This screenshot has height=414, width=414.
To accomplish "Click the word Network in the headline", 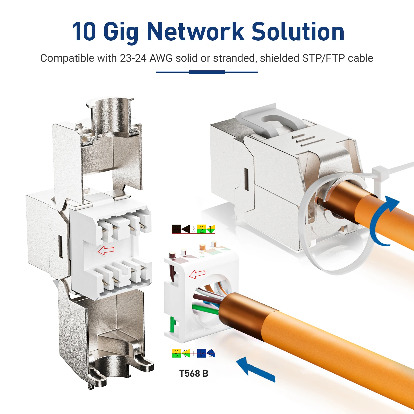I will [195, 32].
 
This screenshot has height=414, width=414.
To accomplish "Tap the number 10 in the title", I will [84, 32].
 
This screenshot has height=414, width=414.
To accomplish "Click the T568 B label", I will [194, 373].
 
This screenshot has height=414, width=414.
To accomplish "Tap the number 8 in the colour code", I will [176, 229].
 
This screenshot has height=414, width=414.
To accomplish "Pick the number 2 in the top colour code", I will [201, 229].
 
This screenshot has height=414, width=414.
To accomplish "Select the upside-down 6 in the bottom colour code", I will [176, 353].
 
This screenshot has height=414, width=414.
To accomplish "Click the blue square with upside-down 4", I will [201, 353].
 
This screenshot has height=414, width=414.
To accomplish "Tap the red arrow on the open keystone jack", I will [106, 250].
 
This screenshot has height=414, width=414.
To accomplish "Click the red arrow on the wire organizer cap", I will [197, 274].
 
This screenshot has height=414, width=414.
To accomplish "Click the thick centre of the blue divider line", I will [207, 72].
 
